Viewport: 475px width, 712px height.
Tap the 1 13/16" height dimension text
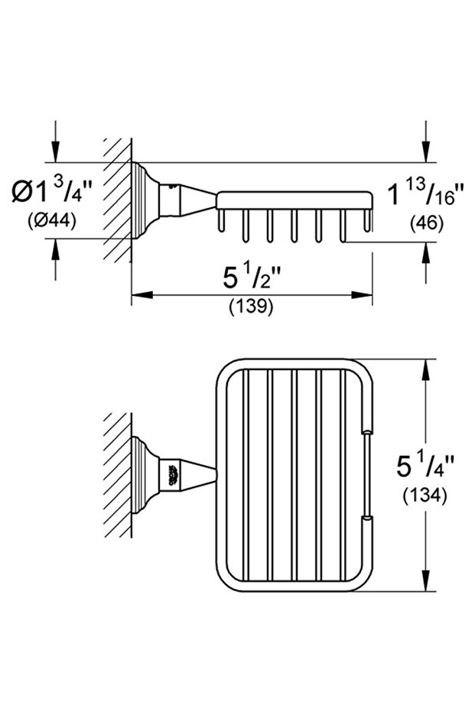pyautogui.click(x=423, y=194)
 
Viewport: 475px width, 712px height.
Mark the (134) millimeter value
pyautogui.click(x=425, y=496)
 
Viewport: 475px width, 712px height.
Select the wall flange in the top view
pyautogui.click(x=141, y=473)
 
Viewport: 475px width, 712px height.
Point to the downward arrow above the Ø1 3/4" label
pyautogui.click(x=55, y=151)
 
